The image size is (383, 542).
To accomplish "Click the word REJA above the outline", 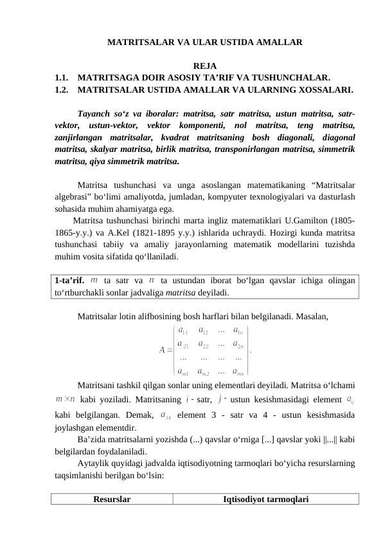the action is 204,66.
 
